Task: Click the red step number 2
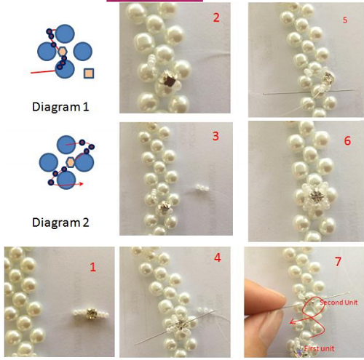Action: tap(216, 17)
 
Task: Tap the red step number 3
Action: tap(215, 136)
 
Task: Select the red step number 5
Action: tap(345, 20)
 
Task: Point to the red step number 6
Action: tap(347, 140)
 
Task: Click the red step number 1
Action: tap(93, 267)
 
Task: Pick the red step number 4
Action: tap(218, 257)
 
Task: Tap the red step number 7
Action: tap(338, 262)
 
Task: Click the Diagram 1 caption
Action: tap(60, 107)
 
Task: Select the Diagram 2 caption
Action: tap(60, 223)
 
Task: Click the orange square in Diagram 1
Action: tap(89, 73)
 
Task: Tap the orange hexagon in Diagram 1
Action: tap(63, 52)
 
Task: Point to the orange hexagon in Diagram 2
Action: tap(71, 162)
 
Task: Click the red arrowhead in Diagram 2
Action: tap(82, 183)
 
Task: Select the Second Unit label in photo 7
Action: tap(339, 303)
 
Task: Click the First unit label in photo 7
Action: tap(320, 348)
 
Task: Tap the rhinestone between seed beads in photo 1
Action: tap(92, 313)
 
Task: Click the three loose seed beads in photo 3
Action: tap(202, 188)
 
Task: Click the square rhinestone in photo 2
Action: tap(168, 79)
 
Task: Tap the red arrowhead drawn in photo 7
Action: tap(293, 321)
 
